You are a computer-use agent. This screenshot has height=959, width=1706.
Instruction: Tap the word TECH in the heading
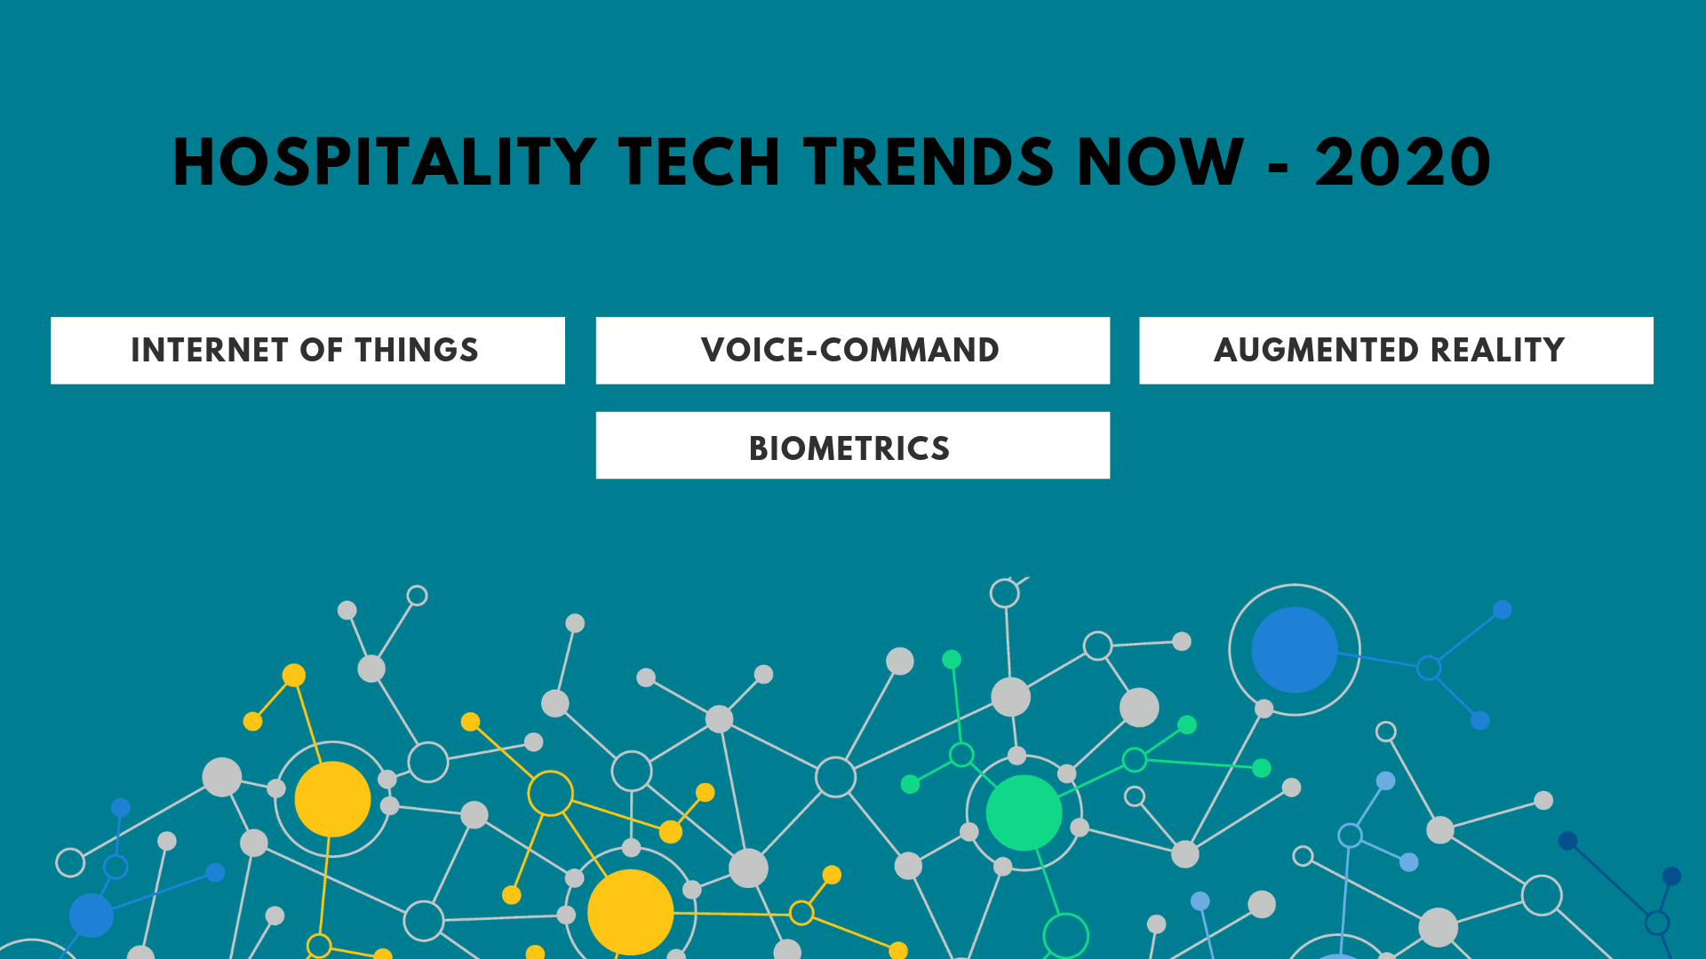point(699,162)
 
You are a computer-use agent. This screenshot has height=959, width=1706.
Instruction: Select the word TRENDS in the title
point(929,162)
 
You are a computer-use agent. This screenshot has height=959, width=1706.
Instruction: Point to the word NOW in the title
point(1160,162)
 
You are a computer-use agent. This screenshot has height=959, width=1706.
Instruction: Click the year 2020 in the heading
point(1402,162)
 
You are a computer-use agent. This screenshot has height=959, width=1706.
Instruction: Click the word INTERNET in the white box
point(210,351)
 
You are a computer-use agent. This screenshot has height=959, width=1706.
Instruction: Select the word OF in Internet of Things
point(321,351)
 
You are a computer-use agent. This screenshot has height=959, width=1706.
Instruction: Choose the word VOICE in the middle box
point(752,351)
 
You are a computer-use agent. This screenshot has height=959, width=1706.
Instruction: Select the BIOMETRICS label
point(849,448)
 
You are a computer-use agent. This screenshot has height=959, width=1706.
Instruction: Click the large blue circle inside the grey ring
point(1295,650)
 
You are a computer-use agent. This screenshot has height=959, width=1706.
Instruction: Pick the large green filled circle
point(1024,812)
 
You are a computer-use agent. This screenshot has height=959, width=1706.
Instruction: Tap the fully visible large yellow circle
point(332,799)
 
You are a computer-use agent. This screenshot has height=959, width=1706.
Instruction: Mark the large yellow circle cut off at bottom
point(630,913)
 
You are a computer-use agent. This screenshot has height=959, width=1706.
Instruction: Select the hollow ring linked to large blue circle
point(1429,668)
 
